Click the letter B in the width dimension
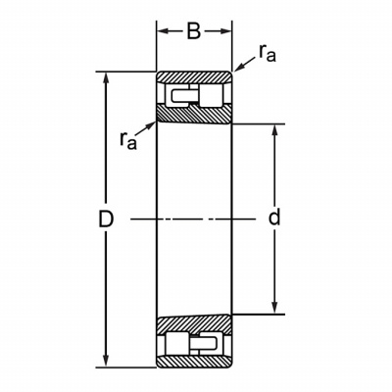(x=194, y=31)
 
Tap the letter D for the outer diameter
(x=106, y=220)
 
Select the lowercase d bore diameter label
(x=274, y=217)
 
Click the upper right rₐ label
(x=268, y=53)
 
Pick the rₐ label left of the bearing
(x=128, y=141)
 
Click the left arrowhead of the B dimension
(x=163, y=31)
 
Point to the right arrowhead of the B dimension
(x=226, y=31)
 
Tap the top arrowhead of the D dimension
(x=106, y=77)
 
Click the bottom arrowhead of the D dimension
(x=106, y=361)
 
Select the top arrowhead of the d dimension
(x=274, y=130)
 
